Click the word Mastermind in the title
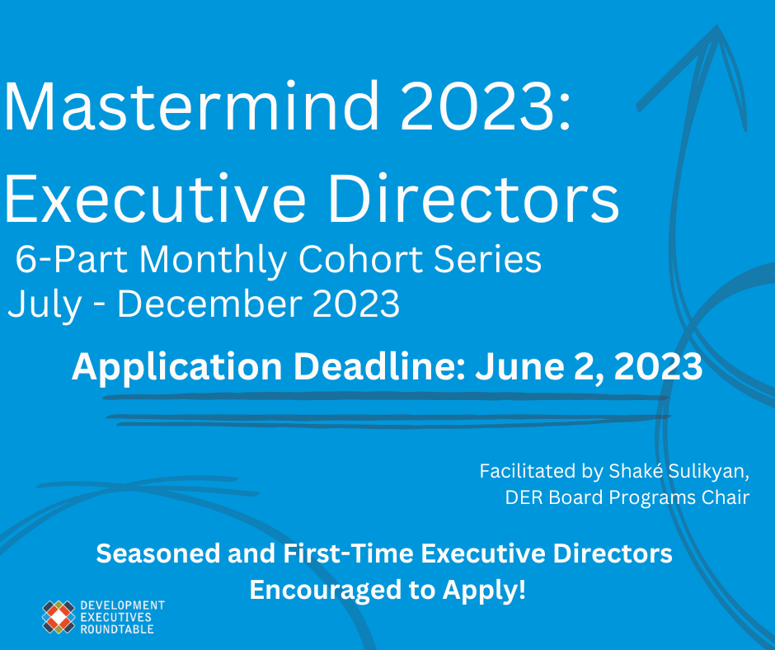(191, 106)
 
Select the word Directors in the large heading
(473, 198)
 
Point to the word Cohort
(361, 259)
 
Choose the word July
(45, 304)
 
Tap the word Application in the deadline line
(177, 368)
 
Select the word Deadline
(379, 366)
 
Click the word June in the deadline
(519, 367)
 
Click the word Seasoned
(158, 553)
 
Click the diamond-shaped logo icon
(59, 617)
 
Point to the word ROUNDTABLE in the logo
(117, 629)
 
